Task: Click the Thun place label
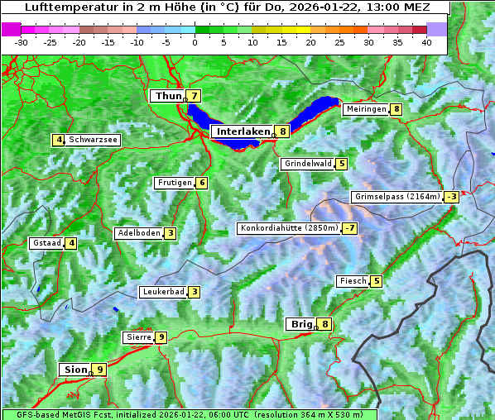(167, 97)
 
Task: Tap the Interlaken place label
(243, 131)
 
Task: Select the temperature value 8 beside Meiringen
(397, 109)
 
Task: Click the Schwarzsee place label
(94, 140)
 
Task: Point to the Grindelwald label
(308, 164)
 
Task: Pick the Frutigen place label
(175, 183)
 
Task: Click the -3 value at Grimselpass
(451, 197)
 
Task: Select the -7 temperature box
(351, 228)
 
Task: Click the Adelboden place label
(138, 233)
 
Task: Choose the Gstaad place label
(47, 243)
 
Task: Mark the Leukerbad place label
(162, 292)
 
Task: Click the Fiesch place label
(353, 281)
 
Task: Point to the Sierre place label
(137, 337)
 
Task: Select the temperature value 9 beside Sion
(99, 370)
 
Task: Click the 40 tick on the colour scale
(426, 42)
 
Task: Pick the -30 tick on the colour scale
(22, 42)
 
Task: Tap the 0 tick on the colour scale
(195, 42)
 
